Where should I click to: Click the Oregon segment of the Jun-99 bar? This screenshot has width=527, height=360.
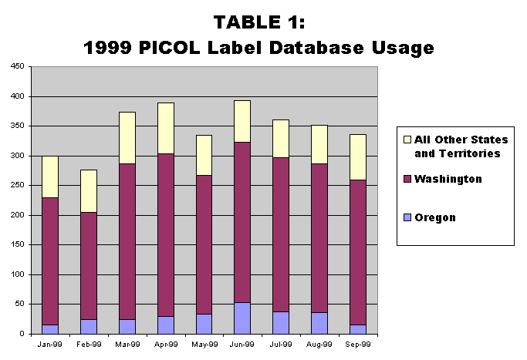[x=242, y=318]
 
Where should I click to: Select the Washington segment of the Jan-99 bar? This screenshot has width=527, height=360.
[x=50, y=261]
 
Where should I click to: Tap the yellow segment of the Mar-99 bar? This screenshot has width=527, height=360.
[x=127, y=138]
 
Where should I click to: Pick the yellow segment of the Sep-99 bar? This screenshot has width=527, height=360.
[x=358, y=157]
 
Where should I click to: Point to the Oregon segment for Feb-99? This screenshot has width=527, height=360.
[x=89, y=327]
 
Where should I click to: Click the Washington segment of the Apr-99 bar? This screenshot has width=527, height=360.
[x=166, y=235]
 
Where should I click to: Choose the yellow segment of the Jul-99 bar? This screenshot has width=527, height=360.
[x=281, y=139]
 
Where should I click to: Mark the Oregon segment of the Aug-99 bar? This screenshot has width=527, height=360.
[x=319, y=324]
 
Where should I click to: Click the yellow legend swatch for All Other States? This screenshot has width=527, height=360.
[x=407, y=140]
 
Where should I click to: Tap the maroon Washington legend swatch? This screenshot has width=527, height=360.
[x=407, y=179]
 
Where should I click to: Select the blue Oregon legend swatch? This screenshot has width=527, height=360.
[x=407, y=217]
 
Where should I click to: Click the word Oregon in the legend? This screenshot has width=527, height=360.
[x=435, y=217]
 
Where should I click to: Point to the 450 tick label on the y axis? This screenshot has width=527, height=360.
[x=18, y=66]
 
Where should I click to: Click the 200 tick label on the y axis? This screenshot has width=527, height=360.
[x=18, y=215]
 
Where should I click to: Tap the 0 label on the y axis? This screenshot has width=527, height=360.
[x=22, y=334]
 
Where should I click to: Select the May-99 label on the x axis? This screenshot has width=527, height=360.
[x=204, y=345]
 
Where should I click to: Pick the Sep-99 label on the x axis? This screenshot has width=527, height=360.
[x=358, y=345]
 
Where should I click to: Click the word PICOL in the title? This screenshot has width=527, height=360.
[x=170, y=47]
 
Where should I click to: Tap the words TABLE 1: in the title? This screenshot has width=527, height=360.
[x=259, y=22]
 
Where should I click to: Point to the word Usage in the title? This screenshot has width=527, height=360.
[x=403, y=49]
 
